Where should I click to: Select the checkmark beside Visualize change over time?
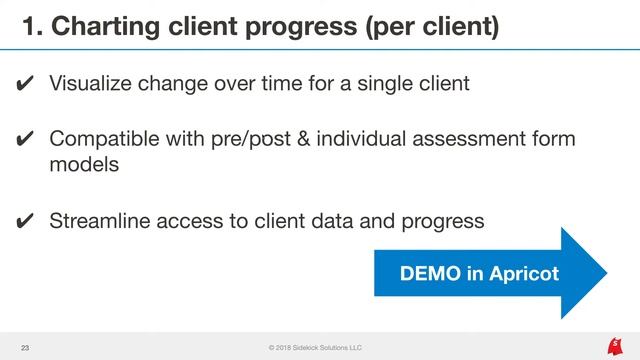click(x=26, y=84)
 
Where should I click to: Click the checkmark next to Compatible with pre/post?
click(x=26, y=140)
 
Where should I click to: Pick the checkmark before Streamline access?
click(x=26, y=221)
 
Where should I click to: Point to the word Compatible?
click(x=105, y=139)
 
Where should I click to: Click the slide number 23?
click(x=26, y=347)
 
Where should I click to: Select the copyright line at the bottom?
click(x=315, y=347)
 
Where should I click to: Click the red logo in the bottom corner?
click(x=613, y=346)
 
